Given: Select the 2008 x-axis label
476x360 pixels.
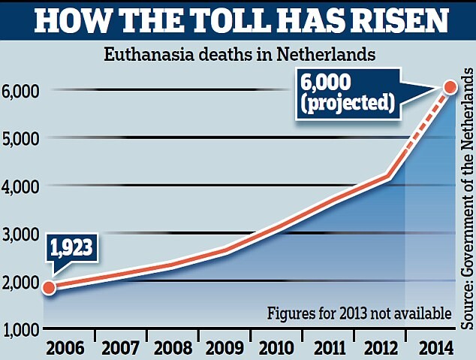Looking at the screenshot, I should coord(174,345).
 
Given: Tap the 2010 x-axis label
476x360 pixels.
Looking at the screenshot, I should coord(280,345).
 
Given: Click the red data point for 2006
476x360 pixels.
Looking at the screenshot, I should coord(48,287).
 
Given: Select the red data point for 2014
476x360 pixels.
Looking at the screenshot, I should coord(450,87).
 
